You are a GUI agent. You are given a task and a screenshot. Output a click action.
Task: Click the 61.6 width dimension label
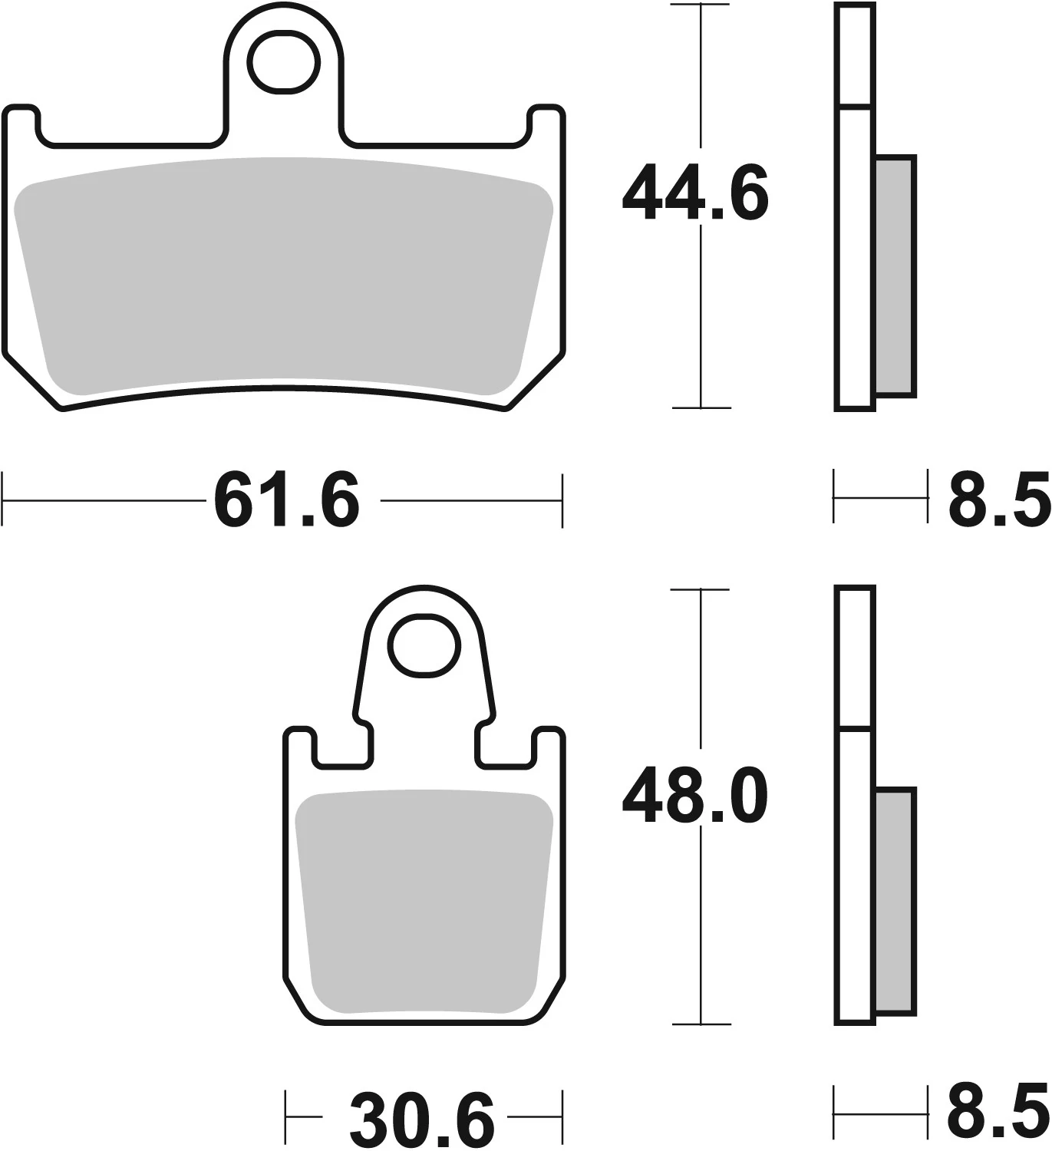286,502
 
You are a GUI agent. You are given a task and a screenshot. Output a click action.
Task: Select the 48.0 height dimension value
694,797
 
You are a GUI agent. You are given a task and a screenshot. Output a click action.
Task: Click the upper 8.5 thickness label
998,502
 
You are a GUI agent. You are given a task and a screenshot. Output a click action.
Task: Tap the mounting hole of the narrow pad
424,645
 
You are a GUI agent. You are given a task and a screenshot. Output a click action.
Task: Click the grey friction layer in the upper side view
895,276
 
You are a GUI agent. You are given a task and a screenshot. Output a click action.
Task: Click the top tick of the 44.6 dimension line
700,5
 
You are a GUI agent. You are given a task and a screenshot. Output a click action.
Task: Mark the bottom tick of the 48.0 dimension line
700,1024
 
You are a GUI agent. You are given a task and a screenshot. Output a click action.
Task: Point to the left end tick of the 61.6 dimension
4,500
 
